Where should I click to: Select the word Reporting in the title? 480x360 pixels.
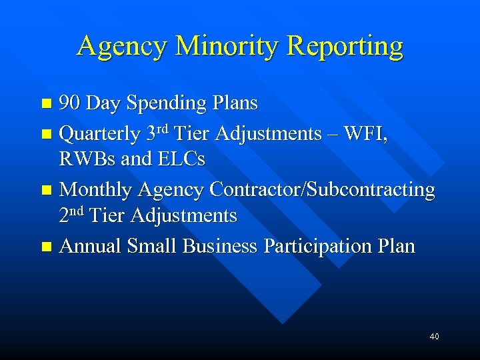coord(345,47)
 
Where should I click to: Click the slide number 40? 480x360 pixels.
coord(435,337)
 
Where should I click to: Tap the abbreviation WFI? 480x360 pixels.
coord(366,134)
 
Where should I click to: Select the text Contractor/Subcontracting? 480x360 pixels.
coord(322,190)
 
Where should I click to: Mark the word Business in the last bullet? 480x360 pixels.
coord(219,247)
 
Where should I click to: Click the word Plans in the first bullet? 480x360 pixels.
coord(235,103)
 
